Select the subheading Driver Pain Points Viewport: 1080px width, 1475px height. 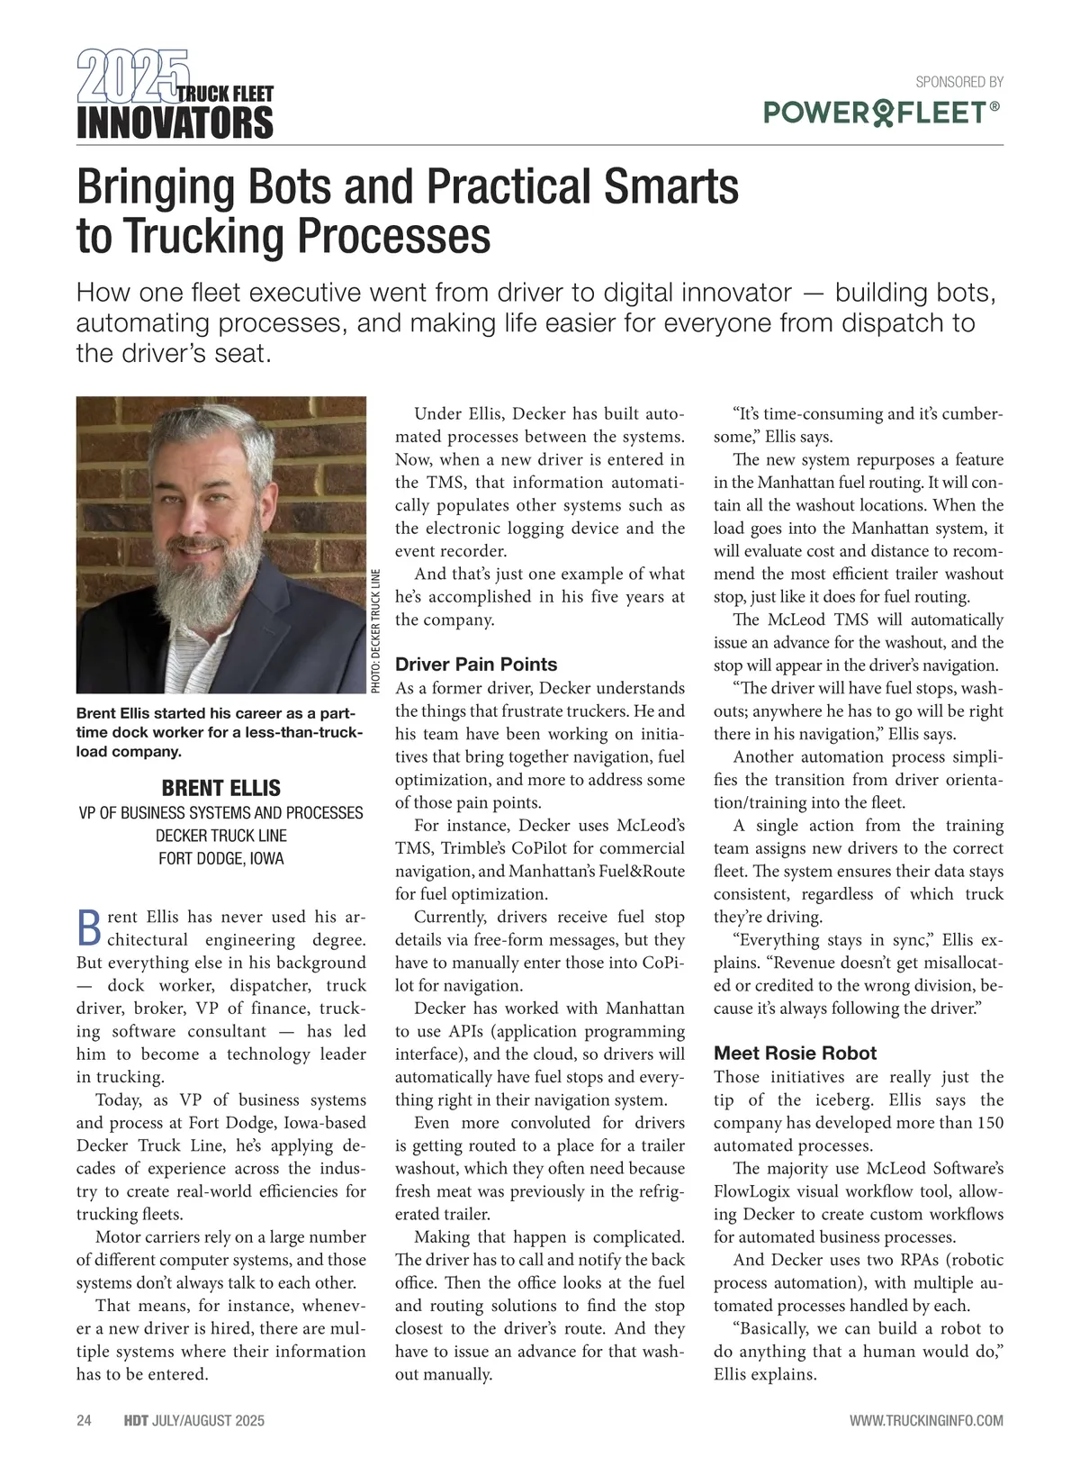(476, 665)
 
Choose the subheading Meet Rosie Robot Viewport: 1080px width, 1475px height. (795, 1053)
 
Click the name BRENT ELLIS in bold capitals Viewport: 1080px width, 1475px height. (220, 788)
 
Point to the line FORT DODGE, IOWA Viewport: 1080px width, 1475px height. (220, 858)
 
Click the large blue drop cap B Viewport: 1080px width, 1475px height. (88, 928)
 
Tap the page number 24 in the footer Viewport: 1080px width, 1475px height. (84, 1421)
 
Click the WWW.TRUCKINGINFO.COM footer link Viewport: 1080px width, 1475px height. (926, 1421)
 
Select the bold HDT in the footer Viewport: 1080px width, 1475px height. (136, 1421)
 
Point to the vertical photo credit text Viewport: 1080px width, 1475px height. (376, 630)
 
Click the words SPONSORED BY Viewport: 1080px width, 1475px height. (958, 82)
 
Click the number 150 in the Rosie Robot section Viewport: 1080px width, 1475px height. (987, 1123)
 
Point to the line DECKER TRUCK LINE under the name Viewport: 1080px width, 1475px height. (220, 836)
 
